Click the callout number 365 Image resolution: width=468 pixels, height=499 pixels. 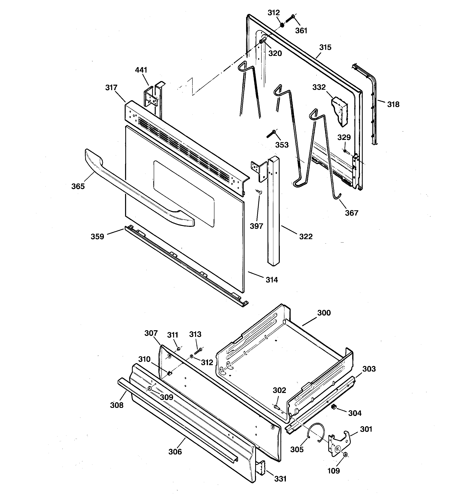coord(78,186)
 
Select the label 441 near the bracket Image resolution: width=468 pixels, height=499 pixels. coord(141,70)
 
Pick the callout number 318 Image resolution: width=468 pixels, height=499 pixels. coord(393,104)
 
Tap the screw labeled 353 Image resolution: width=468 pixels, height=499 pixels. coord(271,134)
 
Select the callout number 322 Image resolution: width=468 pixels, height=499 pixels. coord(306,236)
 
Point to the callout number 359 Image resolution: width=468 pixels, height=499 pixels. coord(97,236)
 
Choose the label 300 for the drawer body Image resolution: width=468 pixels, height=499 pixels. coord(324,313)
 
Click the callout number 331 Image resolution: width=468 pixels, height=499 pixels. coord(280,479)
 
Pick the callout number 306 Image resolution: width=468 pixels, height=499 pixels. coord(175,452)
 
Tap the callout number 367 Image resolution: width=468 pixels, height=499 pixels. coord(351,213)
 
